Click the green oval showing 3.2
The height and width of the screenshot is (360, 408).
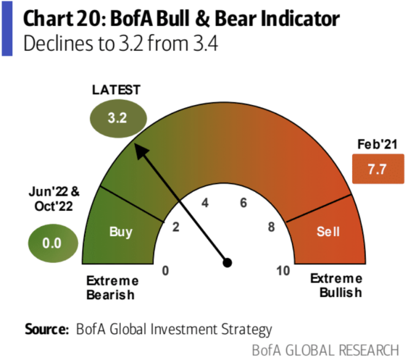coord(117,119)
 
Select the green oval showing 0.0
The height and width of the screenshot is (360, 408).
coord(52,242)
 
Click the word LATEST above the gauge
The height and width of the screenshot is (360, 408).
coord(117,90)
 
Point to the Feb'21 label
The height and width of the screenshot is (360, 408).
coord(374,145)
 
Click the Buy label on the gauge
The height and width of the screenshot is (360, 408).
coord(121,232)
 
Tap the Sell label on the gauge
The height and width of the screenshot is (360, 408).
coord(328,232)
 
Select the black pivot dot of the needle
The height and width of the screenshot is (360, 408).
coord(227,262)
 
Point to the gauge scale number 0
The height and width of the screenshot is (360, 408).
coord(165,270)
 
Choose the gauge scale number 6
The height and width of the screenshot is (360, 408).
coord(243,203)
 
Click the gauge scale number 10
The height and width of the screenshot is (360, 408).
coord(283,270)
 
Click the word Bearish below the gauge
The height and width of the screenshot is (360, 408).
coord(110,295)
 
